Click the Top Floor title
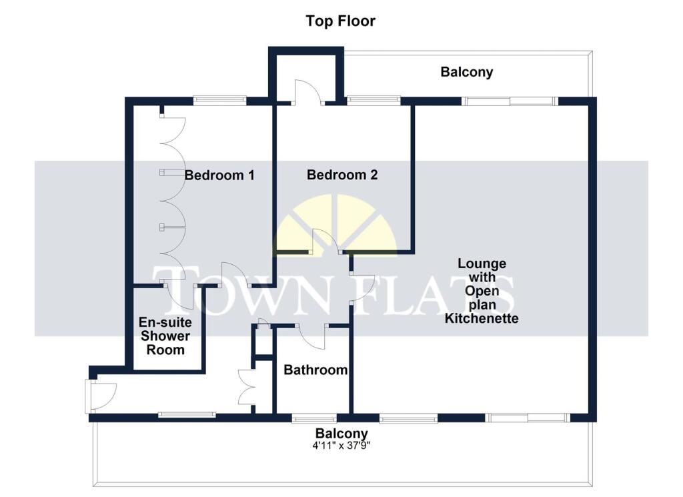tap(340, 21)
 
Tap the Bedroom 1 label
tap(219, 175)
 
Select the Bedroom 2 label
tap(342, 175)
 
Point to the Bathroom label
tap(315, 370)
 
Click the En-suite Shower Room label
tap(165, 336)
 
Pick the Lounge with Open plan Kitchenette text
tap(482, 291)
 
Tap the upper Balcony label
tap(467, 72)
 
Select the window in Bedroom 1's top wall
tap(220, 101)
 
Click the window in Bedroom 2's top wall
tap(374, 101)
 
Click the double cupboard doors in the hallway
tap(248, 387)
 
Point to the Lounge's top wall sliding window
tap(510, 101)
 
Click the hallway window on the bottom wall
tap(187, 415)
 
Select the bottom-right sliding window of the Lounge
tap(528, 418)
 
